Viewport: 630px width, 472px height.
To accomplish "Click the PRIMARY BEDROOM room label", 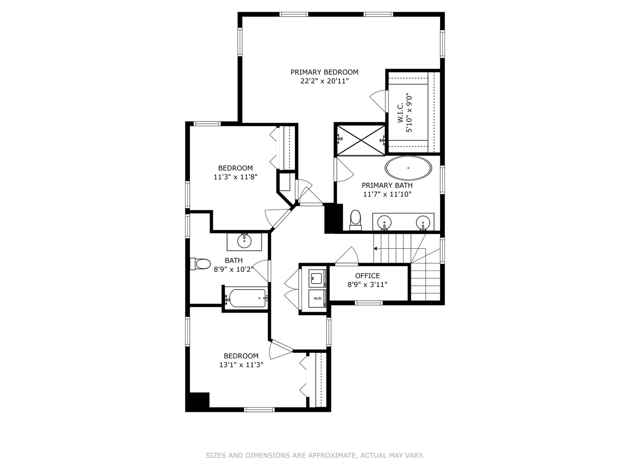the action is coord(324,72).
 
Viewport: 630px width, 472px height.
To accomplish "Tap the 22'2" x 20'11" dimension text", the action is coord(324,81).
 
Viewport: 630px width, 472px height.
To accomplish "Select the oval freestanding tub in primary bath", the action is coord(408,168).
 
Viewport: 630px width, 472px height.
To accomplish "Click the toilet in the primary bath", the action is coord(356,220).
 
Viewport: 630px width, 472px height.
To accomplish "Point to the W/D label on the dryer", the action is coord(318,298).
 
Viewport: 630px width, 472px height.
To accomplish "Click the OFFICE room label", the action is coord(367,276).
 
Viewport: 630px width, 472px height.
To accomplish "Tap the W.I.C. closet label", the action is coord(400,113).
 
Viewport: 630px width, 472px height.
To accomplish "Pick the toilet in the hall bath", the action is coord(200,264).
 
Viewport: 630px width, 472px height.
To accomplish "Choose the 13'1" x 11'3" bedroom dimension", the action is coord(241,365).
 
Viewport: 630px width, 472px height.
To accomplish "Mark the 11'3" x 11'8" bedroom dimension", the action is coord(235,177).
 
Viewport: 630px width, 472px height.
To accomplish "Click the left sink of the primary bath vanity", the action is coord(384,222).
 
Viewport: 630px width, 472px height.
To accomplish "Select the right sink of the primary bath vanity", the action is coord(423,222).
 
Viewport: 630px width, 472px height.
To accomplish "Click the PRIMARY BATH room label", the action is coord(387,185).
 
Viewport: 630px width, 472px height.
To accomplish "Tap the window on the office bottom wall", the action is coord(369,303).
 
